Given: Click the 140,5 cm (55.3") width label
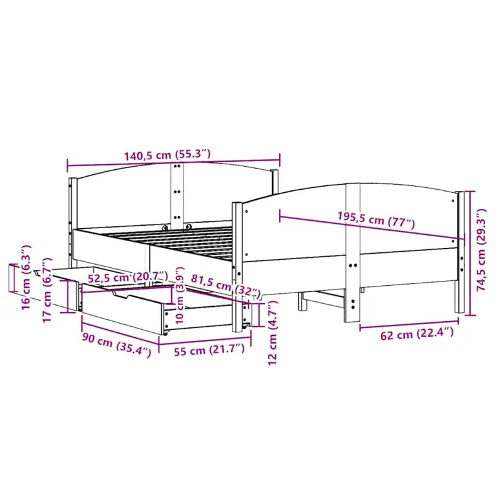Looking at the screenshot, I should (167, 155).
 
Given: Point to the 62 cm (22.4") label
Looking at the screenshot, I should (408, 335).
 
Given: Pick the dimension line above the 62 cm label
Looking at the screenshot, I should (408, 324).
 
